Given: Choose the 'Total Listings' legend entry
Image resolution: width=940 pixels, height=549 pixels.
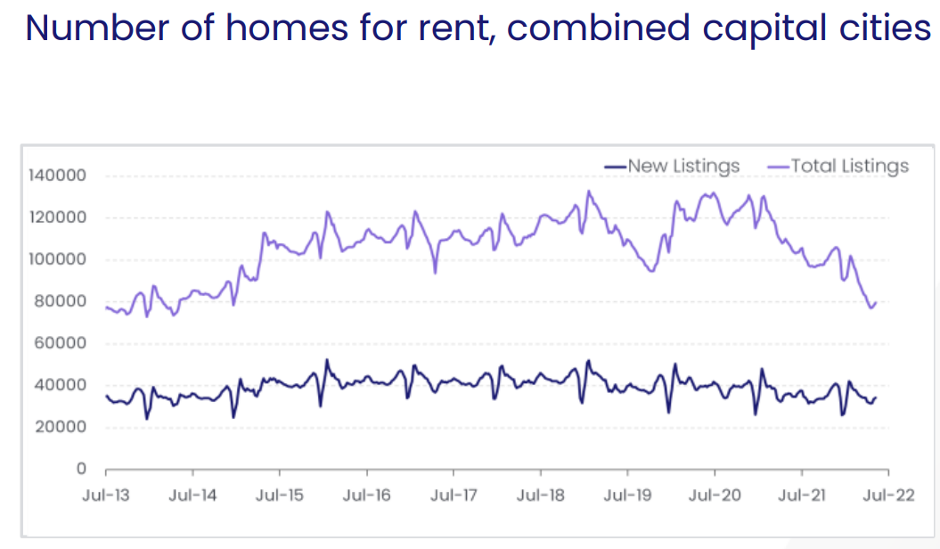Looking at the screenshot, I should click(841, 167).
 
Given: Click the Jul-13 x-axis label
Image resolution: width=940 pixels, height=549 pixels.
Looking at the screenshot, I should click(106, 496).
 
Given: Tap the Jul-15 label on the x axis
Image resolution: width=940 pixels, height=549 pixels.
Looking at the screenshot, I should click(281, 496).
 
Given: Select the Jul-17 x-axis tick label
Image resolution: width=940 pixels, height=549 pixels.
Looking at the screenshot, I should click(454, 496).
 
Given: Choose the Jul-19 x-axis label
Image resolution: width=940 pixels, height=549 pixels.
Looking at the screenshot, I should click(628, 496).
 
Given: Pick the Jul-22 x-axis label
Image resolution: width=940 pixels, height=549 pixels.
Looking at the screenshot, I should click(889, 496).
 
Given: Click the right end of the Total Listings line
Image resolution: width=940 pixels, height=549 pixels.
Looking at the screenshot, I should click(877, 302).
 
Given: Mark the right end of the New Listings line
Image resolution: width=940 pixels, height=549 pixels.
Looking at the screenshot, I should click(877, 397).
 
